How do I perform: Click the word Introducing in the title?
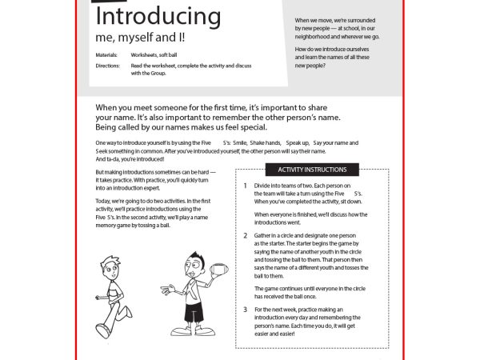(158, 17)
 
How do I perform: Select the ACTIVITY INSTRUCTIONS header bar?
(312, 170)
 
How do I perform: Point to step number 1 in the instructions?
(246, 185)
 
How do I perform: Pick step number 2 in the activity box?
(246, 236)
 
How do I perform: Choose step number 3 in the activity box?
(246, 309)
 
